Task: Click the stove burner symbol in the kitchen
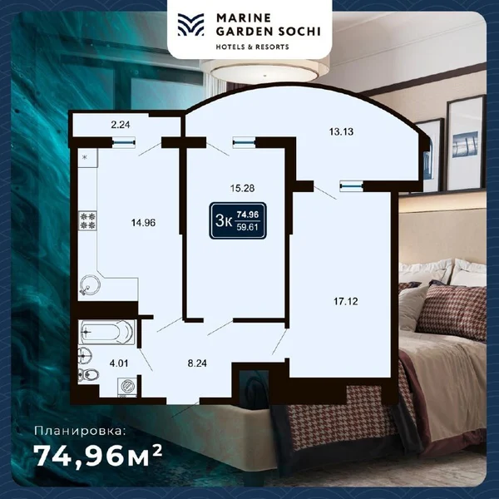87,221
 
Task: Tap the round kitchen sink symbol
89,287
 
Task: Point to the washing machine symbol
128,386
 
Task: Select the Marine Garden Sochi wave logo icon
191,26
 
